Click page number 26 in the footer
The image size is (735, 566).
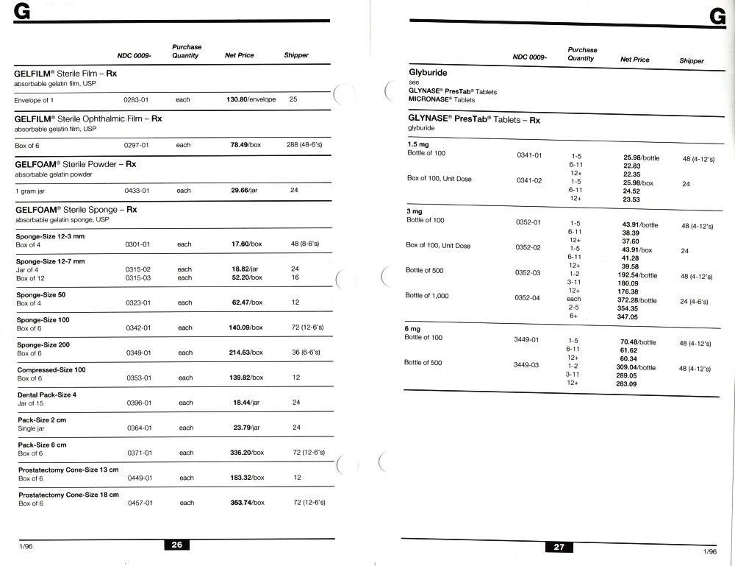176,545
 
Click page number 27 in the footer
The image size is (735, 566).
559,547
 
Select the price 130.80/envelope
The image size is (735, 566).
251,99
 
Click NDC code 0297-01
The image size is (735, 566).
137,145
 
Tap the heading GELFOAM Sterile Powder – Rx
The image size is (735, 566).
76,165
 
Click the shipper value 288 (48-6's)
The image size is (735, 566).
304,145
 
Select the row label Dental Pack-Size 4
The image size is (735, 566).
46,395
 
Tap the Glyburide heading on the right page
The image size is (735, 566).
428,74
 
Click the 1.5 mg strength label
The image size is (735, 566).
417,145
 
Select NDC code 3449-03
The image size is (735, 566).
526,365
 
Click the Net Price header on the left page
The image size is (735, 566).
240,55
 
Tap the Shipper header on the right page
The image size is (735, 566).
692,61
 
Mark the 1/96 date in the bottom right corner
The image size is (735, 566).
709,551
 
